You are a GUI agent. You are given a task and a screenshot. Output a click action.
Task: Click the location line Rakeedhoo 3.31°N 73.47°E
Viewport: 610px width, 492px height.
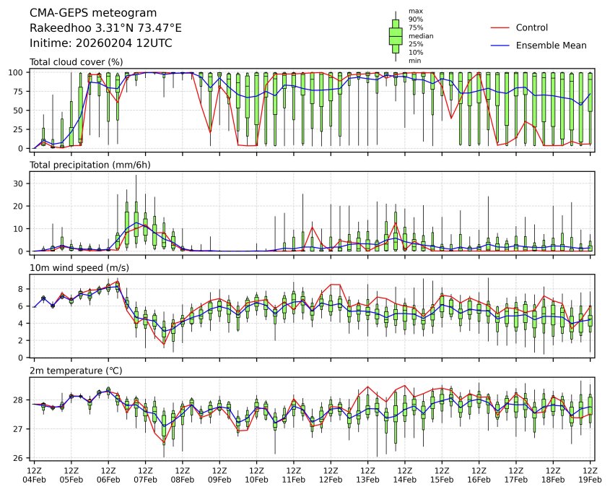[x=105, y=28]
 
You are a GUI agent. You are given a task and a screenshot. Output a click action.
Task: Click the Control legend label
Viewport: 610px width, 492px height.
[x=532, y=28]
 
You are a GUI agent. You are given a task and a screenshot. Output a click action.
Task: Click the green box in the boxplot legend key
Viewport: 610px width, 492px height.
[x=396, y=35]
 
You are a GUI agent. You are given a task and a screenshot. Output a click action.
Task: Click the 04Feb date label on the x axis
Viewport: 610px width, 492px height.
[x=34, y=480]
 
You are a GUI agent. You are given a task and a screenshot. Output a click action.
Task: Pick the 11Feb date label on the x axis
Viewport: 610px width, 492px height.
[x=294, y=480]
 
